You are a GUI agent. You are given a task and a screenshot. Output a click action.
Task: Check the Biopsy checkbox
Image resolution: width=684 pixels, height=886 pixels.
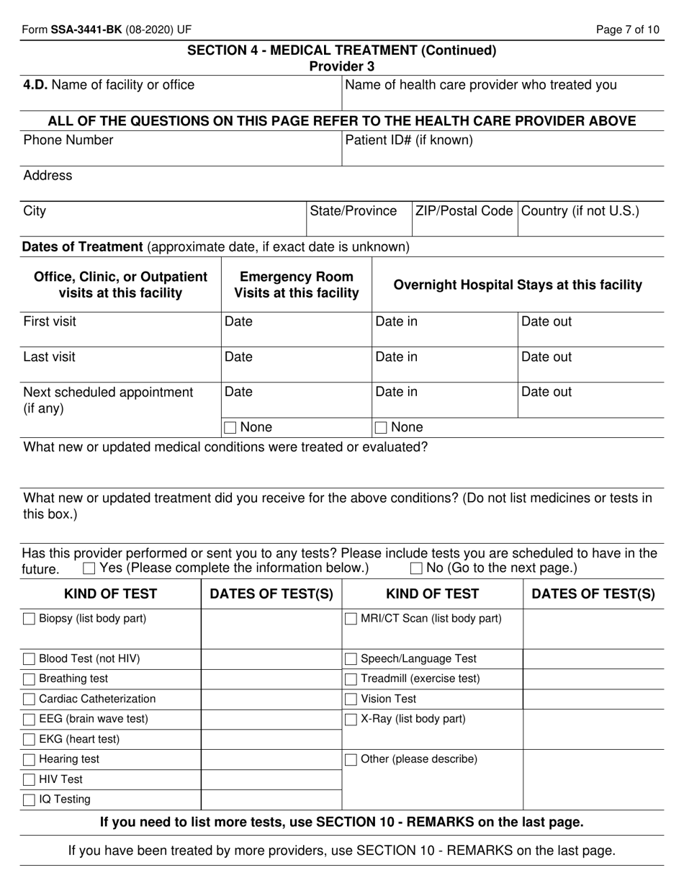point(29,619)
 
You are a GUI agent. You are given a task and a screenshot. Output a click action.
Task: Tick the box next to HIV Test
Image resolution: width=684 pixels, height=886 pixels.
point(29,779)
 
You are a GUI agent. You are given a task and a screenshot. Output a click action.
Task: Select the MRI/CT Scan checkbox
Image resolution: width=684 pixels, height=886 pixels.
point(351,619)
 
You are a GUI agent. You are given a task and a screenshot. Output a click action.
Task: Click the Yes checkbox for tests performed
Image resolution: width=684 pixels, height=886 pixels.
point(89,568)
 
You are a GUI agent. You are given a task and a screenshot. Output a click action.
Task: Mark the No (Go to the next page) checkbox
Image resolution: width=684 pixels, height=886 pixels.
point(416,568)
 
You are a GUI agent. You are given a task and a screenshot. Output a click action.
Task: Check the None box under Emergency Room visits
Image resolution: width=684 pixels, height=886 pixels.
point(230,428)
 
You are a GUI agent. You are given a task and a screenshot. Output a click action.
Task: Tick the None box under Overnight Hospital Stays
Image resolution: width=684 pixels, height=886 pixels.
point(382,428)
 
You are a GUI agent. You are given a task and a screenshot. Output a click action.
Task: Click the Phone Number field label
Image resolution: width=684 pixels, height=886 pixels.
point(68,140)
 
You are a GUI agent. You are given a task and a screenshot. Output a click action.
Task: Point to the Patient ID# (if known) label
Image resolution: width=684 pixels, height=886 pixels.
point(409,140)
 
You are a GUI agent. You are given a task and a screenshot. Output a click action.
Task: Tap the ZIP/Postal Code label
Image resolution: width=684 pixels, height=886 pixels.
point(464,211)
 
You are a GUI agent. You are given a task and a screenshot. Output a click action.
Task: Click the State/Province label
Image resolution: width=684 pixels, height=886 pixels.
point(353,211)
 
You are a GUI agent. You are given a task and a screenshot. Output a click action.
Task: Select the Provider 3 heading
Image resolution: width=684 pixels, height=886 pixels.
point(341,66)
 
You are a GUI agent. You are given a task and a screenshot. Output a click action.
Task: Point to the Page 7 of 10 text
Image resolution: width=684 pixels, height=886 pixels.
point(627,30)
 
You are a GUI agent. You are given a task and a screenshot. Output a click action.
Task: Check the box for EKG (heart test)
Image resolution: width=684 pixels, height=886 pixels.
point(29,739)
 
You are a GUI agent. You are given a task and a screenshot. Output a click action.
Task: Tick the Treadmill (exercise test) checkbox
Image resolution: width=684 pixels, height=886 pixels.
point(351,679)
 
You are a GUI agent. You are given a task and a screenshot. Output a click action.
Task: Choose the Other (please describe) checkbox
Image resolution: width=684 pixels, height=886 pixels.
point(351,759)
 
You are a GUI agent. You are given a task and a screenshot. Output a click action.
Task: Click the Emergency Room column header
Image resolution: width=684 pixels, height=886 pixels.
point(296,285)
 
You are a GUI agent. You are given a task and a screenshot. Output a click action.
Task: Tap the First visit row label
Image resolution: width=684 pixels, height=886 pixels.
point(50,322)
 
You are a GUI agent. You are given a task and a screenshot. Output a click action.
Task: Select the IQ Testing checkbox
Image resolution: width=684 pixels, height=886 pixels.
point(29,800)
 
